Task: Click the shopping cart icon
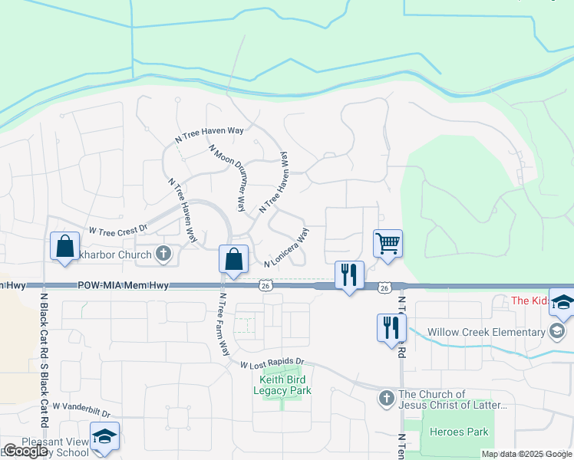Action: [388, 244]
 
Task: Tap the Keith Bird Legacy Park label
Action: [283, 385]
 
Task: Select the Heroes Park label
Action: [459, 432]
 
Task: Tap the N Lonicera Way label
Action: [287, 248]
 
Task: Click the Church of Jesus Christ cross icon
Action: [386, 399]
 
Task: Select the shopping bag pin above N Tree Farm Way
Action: [233, 259]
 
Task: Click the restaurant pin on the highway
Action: [349, 274]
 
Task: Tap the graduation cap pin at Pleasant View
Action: [104, 436]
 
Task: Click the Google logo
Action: [25, 451]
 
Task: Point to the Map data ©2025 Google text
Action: [526, 454]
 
